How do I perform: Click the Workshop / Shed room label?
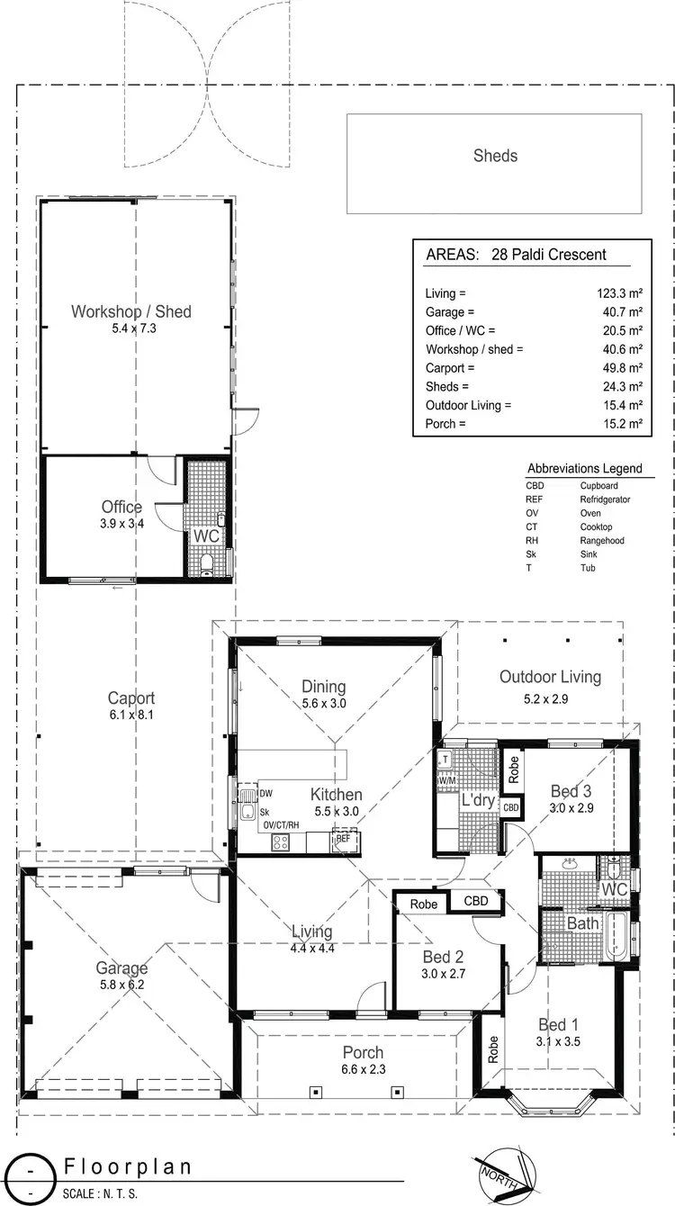pos(131,311)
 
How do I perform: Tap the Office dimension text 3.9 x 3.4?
pos(122,522)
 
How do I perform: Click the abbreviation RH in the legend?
pos(532,541)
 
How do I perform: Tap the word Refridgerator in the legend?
pos(605,499)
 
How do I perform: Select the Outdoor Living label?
pos(550,677)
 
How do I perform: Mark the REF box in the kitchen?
pos(343,838)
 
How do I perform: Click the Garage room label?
pos(122,968)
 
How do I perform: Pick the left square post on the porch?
pos(315,1092)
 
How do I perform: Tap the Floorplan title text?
pos(128,1166)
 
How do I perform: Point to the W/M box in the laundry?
pos(445,781)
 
